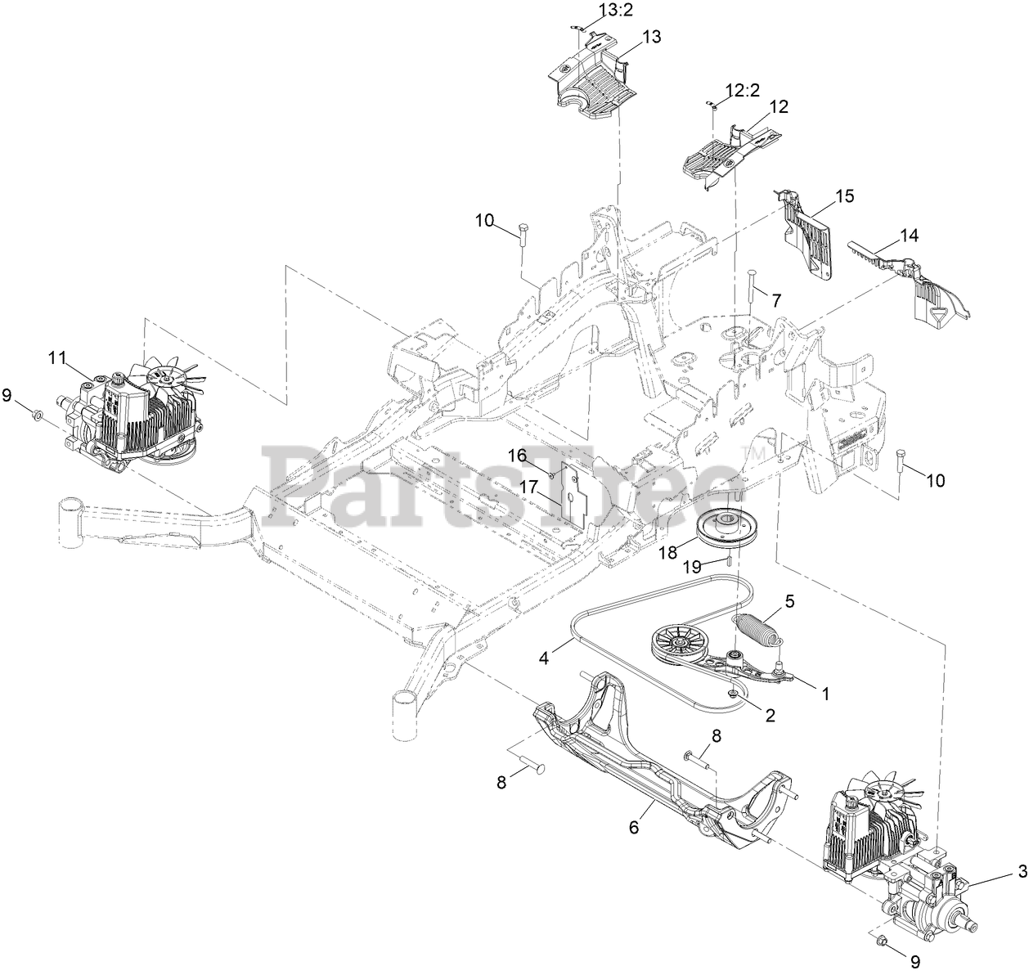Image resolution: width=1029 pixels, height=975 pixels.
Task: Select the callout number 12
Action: pos(779,106)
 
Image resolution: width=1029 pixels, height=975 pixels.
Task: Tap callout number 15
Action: pos(844,195)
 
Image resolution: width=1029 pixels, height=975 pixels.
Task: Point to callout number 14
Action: pos(909,236)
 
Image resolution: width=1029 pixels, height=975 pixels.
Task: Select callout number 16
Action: pos(517,454)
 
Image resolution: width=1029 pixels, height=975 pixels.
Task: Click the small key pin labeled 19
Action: pos(727,559)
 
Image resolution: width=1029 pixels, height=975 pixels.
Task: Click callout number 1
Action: pos(825,693)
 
